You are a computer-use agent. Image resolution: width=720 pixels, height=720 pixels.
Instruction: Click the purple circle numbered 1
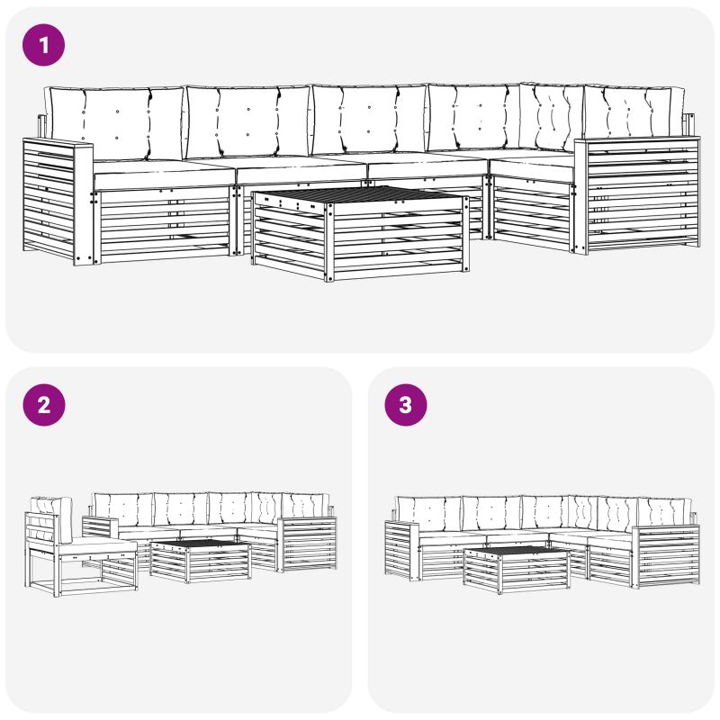point(43,45)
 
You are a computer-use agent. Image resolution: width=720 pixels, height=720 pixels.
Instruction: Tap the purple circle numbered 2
point(43,404)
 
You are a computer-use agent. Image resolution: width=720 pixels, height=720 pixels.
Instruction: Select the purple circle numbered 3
point(406,404)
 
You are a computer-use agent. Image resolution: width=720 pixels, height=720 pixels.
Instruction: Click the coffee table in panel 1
point(361,233)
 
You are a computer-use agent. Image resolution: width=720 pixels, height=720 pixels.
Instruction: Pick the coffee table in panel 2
point(201,561)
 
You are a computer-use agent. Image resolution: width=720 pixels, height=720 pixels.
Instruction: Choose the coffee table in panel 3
point(516,570)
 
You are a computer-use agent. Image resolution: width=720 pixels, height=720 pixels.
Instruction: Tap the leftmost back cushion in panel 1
point(116,123)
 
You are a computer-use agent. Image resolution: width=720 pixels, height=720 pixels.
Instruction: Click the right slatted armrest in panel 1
point(637,194)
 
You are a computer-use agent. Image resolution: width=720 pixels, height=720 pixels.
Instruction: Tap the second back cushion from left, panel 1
point(248,121)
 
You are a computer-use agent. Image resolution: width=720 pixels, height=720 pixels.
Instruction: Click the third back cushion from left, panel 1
point(369,119)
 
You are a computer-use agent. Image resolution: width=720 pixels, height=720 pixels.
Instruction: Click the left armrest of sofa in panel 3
point(401,551)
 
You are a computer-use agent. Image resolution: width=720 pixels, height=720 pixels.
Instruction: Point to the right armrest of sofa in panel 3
point(666,556)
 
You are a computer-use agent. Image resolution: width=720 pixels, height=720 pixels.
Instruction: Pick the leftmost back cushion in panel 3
point(429,514)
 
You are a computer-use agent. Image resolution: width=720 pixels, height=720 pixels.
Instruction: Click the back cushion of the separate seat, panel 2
point(50,519)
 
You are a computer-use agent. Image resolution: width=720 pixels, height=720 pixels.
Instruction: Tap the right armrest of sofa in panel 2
point(307,544)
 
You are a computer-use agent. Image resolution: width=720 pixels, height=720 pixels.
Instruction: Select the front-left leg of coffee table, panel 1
point(329,243)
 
